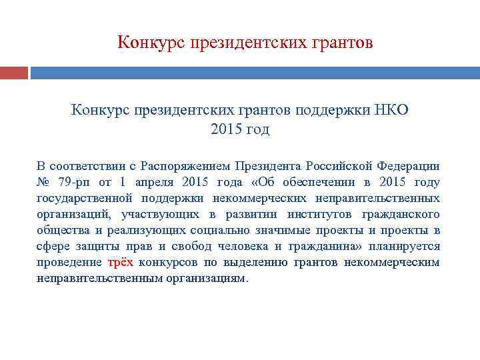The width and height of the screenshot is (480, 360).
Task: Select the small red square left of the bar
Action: (x=14, y=72)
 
